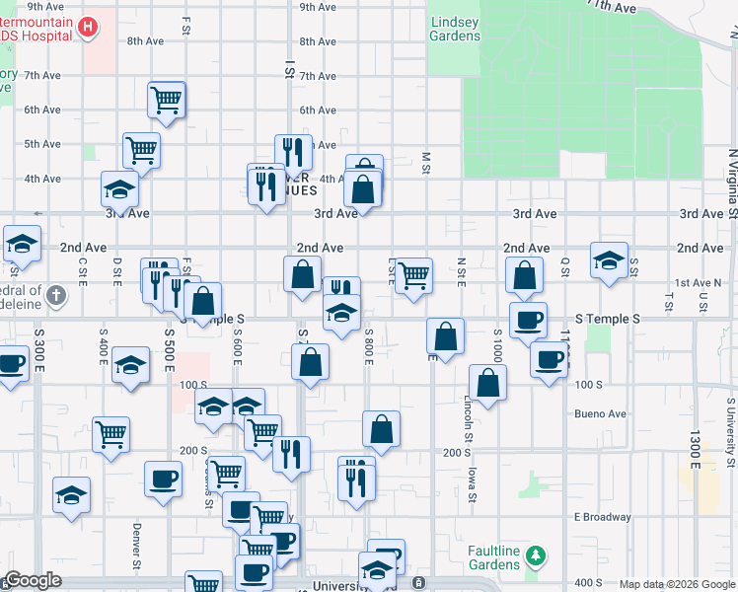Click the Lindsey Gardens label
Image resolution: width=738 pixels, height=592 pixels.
pyautogui.click(x=455, y=29)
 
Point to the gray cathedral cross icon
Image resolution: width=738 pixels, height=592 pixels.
pyautogui.click(x=57, y=294)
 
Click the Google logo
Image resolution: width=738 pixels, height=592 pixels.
pyautogui.click(x=33, y=581)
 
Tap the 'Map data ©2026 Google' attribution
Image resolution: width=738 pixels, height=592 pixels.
pyautogui.click(x=677, y=584)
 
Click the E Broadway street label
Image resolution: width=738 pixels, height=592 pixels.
pyautogui.click(x=602, y=517)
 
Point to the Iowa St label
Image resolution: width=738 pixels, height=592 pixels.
pyautogui.click(x=473, y=483)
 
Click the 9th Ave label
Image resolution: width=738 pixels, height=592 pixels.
pyautogui.click(x=320, y=7)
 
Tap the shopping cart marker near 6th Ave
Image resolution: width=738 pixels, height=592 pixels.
pyautogui.click(x=168, y=100)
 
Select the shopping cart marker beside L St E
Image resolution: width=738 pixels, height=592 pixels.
pyautogui.click(x=414, y=274)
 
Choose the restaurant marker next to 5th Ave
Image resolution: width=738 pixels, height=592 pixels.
pyautogui.click(x=293, y=152)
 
